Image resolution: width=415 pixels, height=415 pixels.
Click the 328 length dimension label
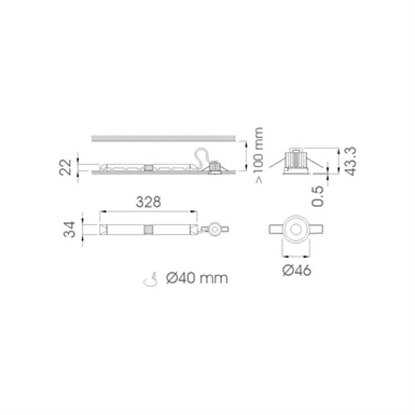point(148,201)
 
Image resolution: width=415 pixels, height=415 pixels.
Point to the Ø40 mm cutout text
point(197,279)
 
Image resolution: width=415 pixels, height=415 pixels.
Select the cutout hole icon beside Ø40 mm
point(148,279)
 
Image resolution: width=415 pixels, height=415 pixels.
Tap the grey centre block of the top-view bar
point(148,229)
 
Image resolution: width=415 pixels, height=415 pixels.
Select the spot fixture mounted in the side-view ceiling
point(215,167)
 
